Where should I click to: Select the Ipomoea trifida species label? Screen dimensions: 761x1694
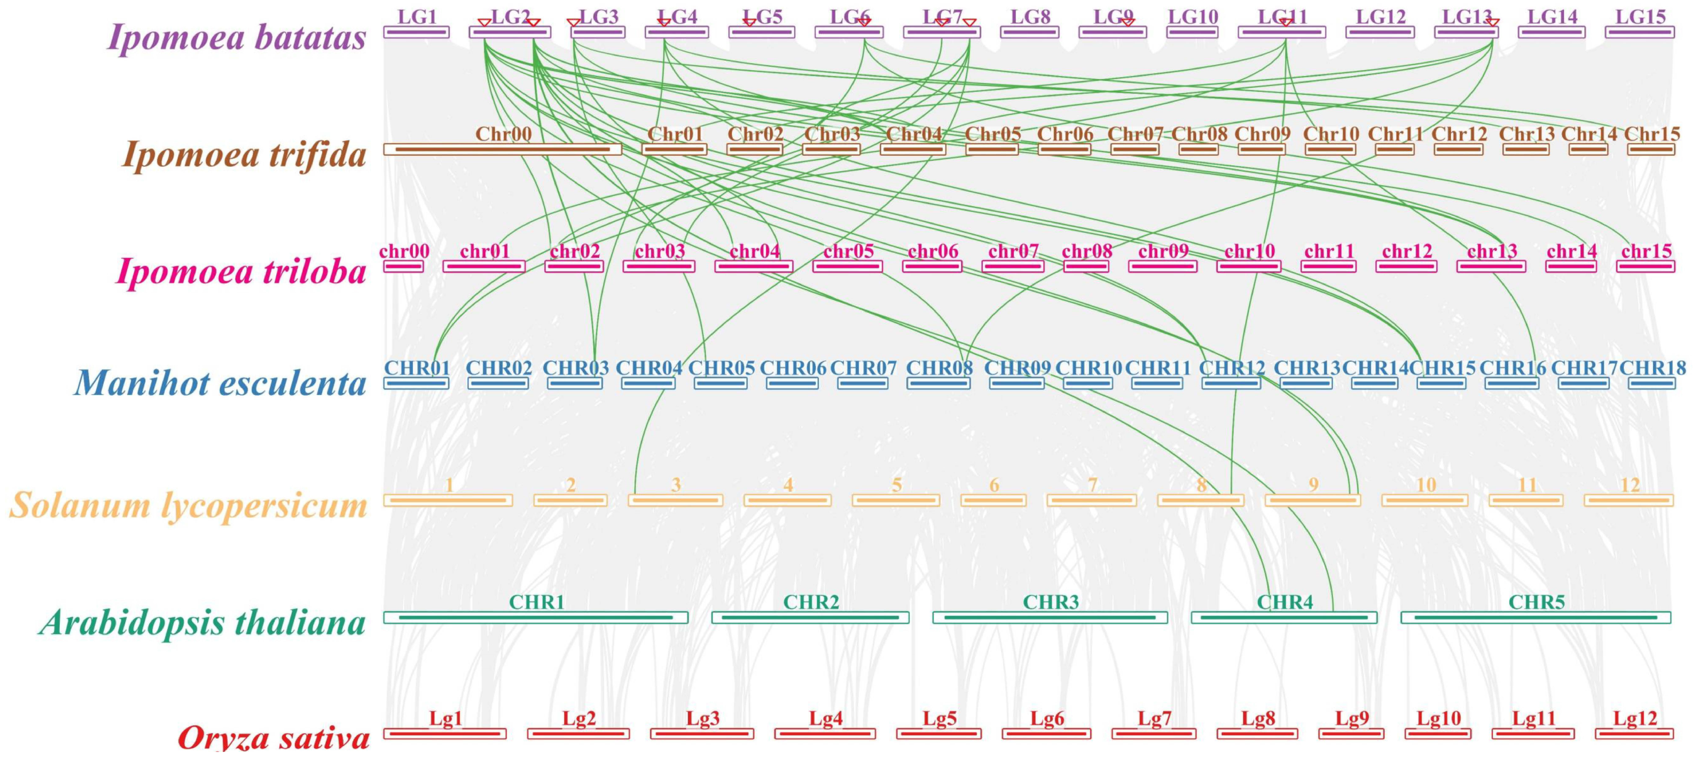pyautogui.click(x=244, y=155)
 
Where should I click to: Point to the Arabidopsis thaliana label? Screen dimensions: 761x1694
pyautogui.click(x=202, y=622)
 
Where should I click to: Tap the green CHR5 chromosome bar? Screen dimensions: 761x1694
pyautogui.click(x=1536, y=618)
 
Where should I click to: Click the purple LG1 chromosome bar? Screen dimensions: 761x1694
pyautogui.click(x=416, y=32)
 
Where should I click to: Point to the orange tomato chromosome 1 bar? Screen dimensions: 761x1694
pyautogui.click(x=448, y=501)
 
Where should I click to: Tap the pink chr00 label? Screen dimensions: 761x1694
pyautogui.click(x=404, y=251)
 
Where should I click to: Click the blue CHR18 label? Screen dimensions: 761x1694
pyautogui.click(x=1653, y=368)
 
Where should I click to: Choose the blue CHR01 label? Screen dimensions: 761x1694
pyautogui.click(x=417, y=368)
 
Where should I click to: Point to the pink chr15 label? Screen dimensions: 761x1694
pyautogui.click(x=1646, y=251)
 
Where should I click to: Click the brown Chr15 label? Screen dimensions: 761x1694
pyautogui.click(x=1651, y=134)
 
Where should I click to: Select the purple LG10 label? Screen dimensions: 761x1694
pyautogui.click(x=1192, y=17)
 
